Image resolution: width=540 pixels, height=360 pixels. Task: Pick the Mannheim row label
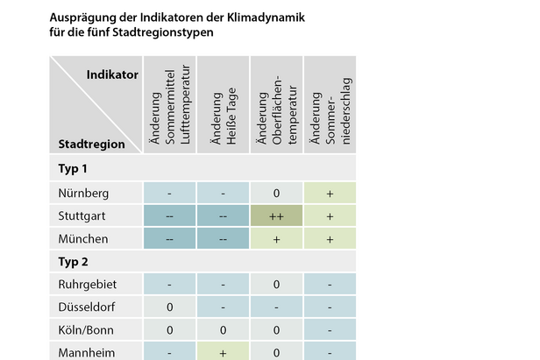pos(83,352)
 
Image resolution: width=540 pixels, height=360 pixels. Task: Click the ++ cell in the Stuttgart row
pos(276,215)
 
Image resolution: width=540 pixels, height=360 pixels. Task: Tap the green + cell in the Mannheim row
pos(223,352)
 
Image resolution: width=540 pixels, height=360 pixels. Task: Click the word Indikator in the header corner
pos(112,75)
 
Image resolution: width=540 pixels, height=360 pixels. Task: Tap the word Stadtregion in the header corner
pos(91,143)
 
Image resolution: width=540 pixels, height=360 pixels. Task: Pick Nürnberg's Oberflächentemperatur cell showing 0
pos(276,193)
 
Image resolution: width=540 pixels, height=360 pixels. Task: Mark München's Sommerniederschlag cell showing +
pos(330,238)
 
